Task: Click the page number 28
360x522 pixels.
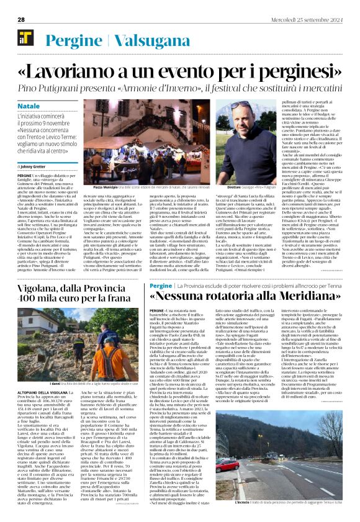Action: [x=21, y=19]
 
